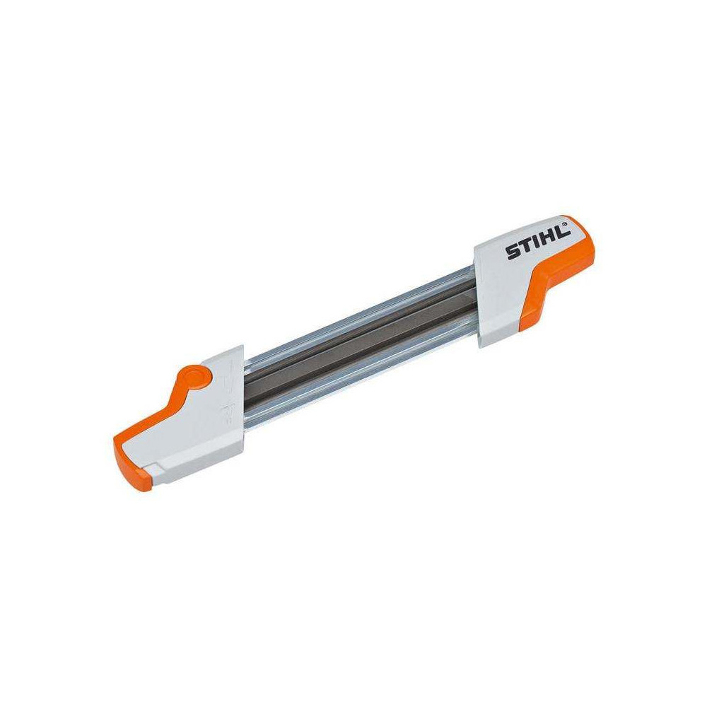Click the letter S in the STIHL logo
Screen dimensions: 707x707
pyautogui.click(x=511, y=254)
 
